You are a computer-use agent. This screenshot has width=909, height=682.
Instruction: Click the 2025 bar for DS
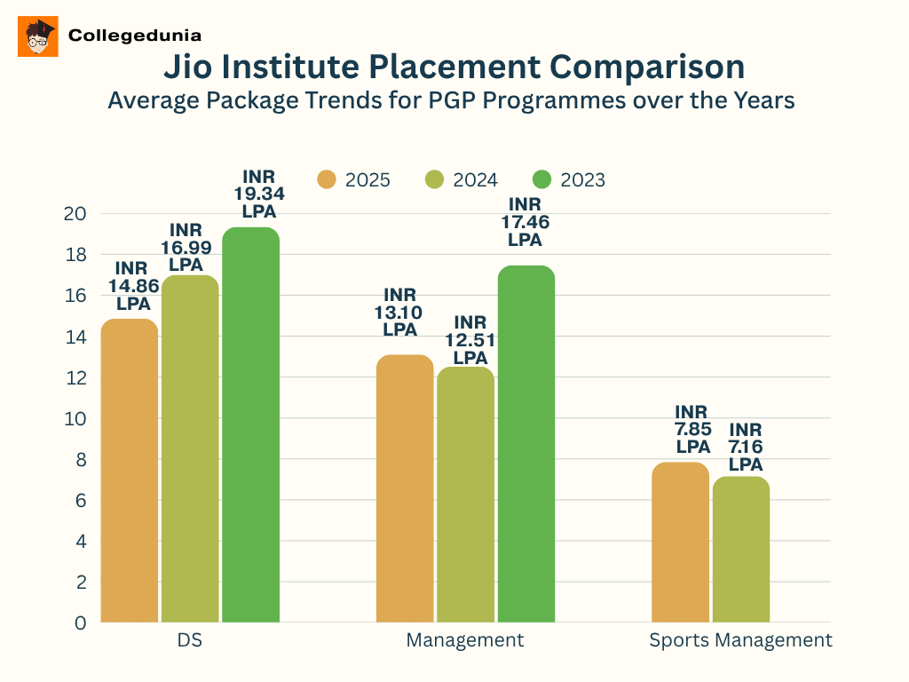click(130, 471)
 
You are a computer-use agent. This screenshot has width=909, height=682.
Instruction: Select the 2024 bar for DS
click(190, 448)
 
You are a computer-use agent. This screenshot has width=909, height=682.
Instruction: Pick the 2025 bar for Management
click(405, 488)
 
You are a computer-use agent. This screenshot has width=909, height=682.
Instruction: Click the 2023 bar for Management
click(526, 444)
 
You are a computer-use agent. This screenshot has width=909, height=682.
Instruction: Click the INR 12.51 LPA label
click(470, 340)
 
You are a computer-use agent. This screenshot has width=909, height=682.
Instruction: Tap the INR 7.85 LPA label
click(693, 430)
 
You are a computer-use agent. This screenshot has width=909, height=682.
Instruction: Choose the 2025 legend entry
click(354, 180)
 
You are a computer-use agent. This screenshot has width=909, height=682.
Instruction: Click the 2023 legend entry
click(569, 180)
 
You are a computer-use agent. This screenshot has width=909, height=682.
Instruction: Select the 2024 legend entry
click(462, 180)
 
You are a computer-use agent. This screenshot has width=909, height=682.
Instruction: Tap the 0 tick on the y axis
click(81, 623)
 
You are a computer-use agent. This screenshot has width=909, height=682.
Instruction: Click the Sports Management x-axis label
click(740, 640)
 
